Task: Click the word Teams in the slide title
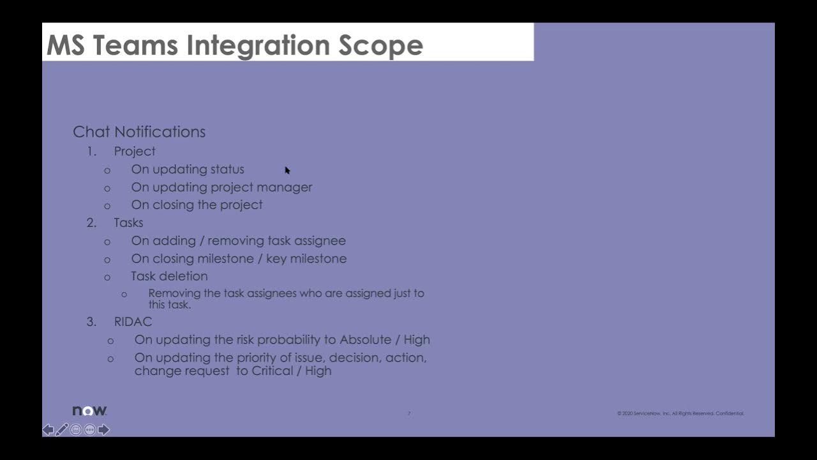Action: tap(135, 45)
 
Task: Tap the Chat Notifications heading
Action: tap(139, 132)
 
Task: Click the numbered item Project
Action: tap(135, 151)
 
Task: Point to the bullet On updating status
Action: tap(188, 169)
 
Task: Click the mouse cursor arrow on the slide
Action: tap(287, 170)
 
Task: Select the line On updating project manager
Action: tap(221, 187)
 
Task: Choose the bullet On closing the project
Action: tap(197, 205)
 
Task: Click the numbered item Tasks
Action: tap(128, 223)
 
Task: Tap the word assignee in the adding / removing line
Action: tap(320, 241)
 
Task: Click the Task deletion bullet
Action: tap(169, 276)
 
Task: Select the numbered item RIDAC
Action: tap(133, 322)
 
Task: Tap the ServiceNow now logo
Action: tap(89, 411)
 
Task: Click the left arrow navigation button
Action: tap(48, 430)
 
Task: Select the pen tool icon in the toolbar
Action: tap(62, 430)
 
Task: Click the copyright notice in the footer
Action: tap(680, 413)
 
